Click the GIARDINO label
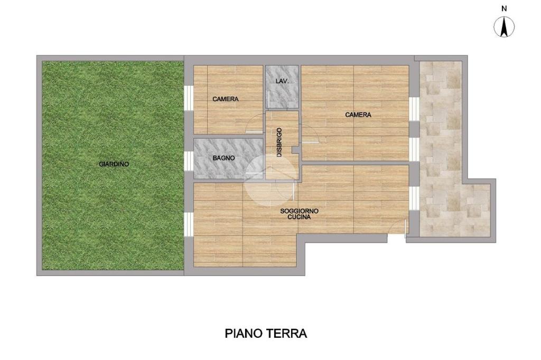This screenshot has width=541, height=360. coord(114,164)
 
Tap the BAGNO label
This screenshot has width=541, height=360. coord(223,158)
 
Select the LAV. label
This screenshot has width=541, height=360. coord(282,81)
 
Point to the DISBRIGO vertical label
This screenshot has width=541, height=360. coord(279,143)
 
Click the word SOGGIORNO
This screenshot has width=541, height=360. coord(299,211)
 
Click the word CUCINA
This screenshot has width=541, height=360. coord(299,217)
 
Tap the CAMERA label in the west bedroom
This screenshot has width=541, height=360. coord(225,99)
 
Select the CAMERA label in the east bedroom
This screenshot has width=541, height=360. coord(358,115)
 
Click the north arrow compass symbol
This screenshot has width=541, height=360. coord(504,27)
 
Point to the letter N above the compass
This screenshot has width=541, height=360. coord(504,9)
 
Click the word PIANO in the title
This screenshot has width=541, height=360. coord(244,334)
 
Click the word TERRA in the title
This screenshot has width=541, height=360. coord(286,334)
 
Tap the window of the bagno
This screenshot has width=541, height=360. coord(189,160)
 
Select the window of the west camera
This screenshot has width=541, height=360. coord(189,98)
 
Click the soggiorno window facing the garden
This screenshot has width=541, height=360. coord(189,224)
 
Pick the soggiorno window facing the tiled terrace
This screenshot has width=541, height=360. coord(414,198)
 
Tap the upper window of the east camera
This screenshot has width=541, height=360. coord(414,109)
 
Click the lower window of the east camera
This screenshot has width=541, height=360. coord(414,149)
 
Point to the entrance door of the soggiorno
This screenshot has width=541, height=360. coord(396,228)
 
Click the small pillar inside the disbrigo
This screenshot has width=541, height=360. coord(295,150)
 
